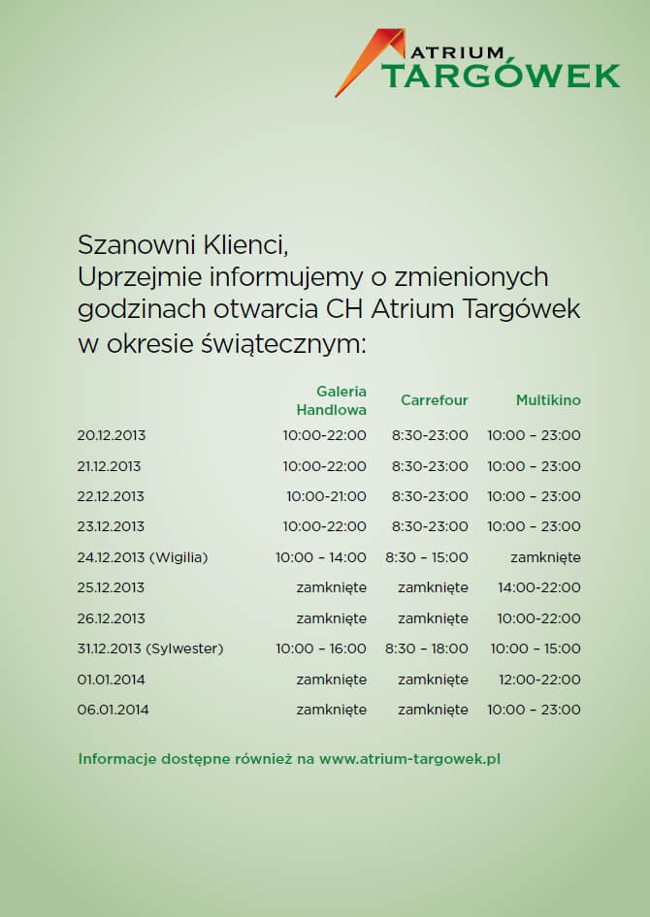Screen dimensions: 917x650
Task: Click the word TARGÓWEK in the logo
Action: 501,75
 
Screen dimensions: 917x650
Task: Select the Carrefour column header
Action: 434,399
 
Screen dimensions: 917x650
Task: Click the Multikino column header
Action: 548,399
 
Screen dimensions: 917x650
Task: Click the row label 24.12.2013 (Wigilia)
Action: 143,557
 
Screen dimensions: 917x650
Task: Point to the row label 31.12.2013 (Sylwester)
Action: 149,648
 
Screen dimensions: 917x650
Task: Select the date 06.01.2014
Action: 113,710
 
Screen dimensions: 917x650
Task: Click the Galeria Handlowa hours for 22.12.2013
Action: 326,496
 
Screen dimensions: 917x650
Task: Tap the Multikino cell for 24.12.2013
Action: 545,557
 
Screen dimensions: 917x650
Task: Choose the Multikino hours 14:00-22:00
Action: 539,587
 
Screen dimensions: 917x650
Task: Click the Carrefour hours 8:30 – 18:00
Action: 427,648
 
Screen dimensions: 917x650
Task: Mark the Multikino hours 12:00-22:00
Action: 539,680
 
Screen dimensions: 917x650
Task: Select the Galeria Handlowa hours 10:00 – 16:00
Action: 320,648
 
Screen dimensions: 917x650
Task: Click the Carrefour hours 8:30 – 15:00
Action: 427,557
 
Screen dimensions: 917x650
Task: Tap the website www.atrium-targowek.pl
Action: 409,759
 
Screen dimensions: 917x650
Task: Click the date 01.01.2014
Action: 113,680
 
